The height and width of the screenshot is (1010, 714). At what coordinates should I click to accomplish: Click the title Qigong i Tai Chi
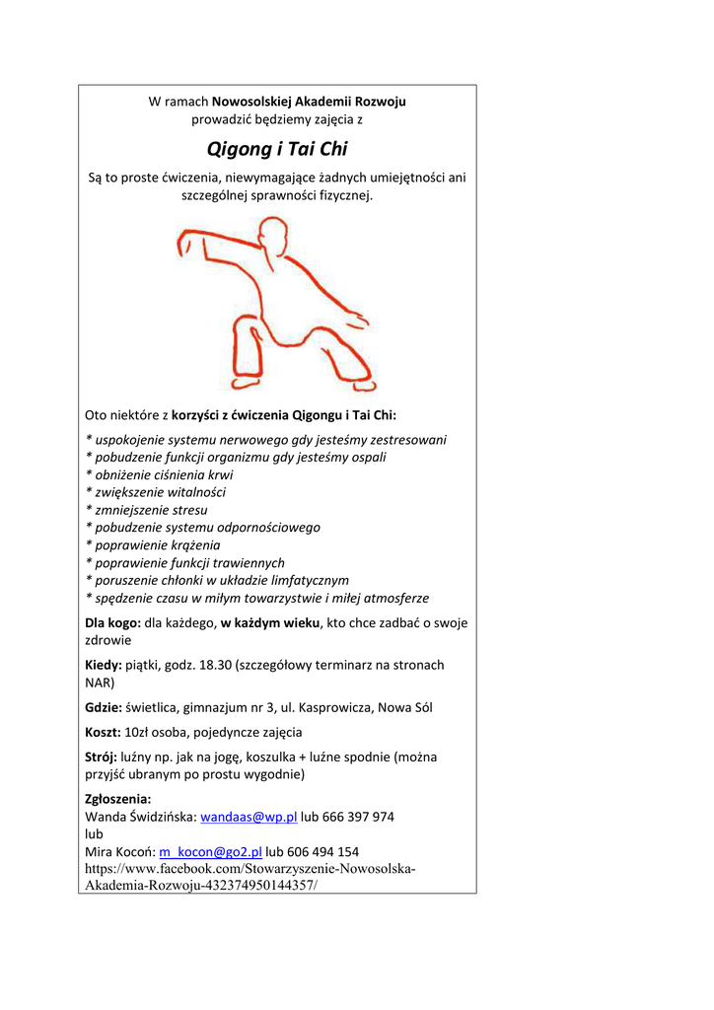coord(277,149)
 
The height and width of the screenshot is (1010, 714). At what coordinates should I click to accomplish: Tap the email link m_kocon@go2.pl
coord(209,851)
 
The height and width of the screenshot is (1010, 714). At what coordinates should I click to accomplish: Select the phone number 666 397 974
coord(358,818)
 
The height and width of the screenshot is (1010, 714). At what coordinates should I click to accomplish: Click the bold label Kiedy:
coord(104,666)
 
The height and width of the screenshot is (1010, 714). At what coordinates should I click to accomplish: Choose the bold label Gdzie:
coord(104,707)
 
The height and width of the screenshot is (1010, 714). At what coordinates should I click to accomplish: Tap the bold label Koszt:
coord(103,732)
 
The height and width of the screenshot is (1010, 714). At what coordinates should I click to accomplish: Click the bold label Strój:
coord(102,757)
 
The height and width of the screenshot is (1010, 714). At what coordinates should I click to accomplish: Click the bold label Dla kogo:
coord(113,623)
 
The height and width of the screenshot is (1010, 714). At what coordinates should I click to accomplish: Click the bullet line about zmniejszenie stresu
coord(147,510)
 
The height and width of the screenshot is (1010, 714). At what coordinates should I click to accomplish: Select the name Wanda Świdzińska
coord(140,818)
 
